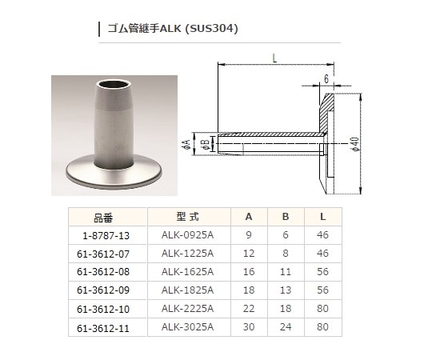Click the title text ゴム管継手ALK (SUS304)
point(172,30)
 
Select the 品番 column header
point(104,216)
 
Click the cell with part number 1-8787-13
point(104,236)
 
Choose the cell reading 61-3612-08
point(103,271)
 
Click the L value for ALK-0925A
point(323,236)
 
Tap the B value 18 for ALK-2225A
point(286,307)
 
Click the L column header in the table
point(323,216)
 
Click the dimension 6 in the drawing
point(327,79)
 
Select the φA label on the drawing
point(186,144)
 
